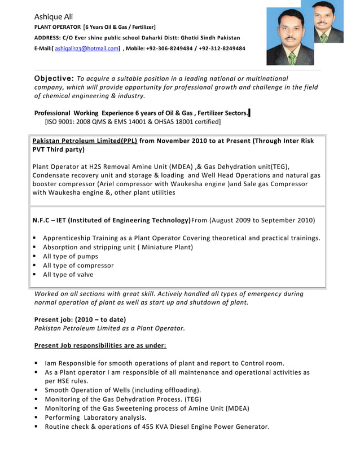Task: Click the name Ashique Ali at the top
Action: (54, 16)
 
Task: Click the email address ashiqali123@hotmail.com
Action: (87, 49)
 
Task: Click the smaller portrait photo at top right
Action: (328, 22)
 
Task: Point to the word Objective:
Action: (54, 78)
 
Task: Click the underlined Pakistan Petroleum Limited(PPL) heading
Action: (85, 141)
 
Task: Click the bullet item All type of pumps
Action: (71, 256)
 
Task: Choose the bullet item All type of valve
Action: (68, 275)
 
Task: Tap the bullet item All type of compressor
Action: (78, 265)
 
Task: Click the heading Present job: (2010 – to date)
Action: (80, 319)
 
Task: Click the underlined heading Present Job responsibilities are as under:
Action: (100, 345)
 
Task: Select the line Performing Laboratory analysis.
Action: (95, 417)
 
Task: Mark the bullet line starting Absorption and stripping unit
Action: (118, 247)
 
